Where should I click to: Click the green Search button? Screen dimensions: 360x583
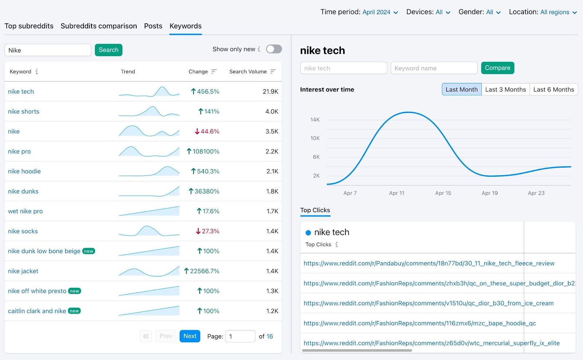coord(108,50)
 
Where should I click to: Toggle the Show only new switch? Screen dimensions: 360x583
coord(274,49)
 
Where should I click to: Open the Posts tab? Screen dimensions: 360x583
coord(153,26)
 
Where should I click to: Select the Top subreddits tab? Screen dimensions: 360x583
coord(29,26)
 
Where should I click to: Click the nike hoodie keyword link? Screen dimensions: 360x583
coord(24,171)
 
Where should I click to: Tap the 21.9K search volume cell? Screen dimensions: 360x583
coord(270,91)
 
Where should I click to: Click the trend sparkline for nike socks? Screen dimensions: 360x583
coord(149,231)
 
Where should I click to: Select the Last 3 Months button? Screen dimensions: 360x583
coord(505,90)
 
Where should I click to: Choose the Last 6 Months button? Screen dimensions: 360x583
coord(553,90)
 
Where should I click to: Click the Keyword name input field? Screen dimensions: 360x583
coord(434,68)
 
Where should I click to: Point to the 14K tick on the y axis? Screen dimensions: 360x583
coord(315,120)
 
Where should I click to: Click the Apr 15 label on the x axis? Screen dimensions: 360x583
coord(443,193)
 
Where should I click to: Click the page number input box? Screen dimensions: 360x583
coord(240,336)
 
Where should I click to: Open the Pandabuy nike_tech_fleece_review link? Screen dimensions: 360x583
coord(429,263)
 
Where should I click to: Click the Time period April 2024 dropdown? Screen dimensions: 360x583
coord(380,12)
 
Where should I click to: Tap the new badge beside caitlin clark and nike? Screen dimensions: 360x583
coord(74,311)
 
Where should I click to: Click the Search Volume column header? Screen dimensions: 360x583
coord(248,71)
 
